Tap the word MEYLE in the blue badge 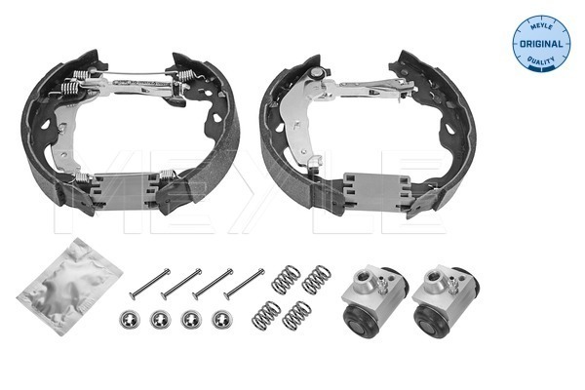[539, 23]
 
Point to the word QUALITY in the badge [539, 61]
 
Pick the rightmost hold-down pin [244, 283]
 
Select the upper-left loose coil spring [285, 280]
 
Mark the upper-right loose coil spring [316, 280]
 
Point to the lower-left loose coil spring [266, 314]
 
